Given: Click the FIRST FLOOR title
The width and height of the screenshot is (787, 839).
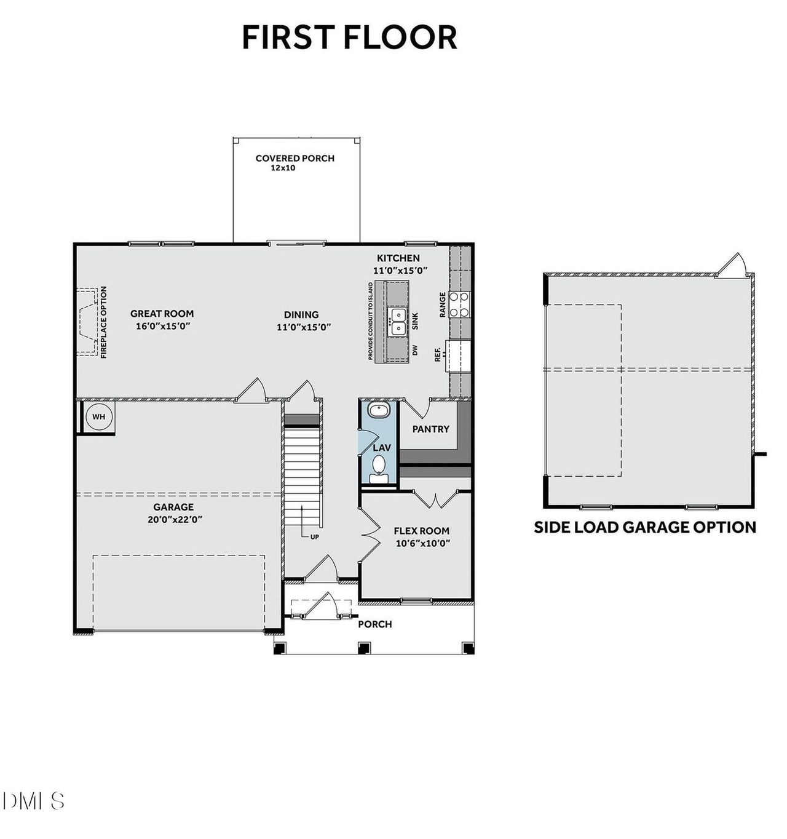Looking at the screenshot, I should pos(349,38).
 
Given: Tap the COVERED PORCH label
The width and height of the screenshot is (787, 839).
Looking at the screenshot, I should pos(295,158).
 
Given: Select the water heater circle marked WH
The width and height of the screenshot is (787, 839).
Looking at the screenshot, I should pos(98,417).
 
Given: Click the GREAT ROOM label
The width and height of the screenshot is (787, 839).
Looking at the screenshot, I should pos(162,314).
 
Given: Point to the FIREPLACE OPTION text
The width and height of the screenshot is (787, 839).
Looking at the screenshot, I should pos(103,322).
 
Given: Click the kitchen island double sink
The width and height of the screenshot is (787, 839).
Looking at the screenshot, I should pos(398,321).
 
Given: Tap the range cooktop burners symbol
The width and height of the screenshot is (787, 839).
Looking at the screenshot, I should pos(460,304).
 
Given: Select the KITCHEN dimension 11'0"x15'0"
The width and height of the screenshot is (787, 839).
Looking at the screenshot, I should pos(400,270).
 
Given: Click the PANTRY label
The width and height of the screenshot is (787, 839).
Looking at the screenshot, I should pos(430,429).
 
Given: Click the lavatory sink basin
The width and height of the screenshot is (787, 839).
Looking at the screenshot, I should pos(375,410).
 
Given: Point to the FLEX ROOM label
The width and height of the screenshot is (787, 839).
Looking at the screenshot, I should pos(421,530).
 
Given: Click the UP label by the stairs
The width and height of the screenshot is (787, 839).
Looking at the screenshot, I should pos(314,537).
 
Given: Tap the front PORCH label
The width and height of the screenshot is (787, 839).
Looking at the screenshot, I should pos(374,624).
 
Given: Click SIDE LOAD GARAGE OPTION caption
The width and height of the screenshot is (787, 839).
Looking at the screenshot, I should pos(644,527).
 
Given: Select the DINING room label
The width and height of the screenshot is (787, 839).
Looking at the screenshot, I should pos(301,314).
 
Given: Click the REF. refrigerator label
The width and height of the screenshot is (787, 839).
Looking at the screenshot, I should pos(438,354).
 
